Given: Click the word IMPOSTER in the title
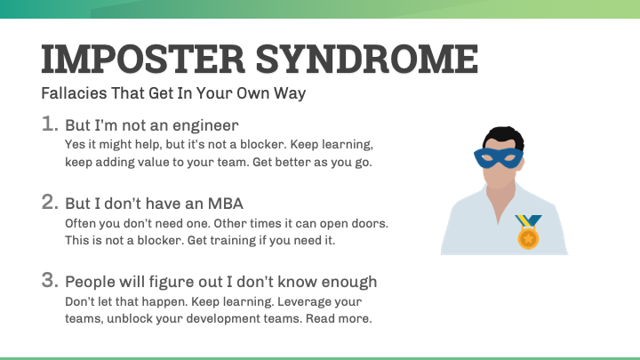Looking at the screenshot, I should [142, 60].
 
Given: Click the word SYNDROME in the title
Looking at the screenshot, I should [365, 60].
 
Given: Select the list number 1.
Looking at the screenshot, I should [51, 124].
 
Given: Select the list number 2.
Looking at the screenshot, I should [51, 202].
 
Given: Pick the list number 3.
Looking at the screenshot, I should [51, 281].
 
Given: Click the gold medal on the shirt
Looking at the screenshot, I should [528, 238].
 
